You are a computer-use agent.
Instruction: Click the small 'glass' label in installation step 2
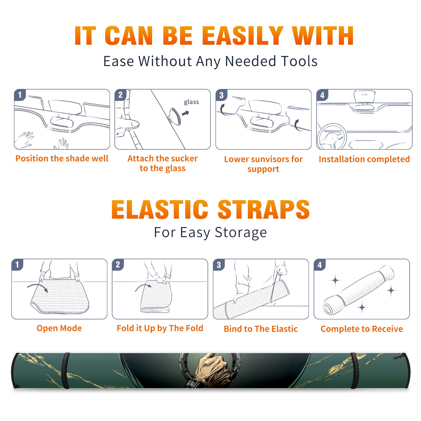pyautogui.click(x=191, y=102)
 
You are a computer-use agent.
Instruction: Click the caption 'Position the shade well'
pyautogui.click(x=62, y=158)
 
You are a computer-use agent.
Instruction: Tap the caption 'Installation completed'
pyautogui.click(x=364, y=159)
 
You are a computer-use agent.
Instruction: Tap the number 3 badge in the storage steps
pyautogui.click(x=219, y=265)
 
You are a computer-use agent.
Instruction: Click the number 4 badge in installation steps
pyautogui.click(x=322, y=95)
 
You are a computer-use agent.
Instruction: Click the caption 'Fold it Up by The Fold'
pyautogui.click(x=160, y=328)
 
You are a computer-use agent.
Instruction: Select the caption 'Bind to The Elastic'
pyautogui.click(x=261, y=329)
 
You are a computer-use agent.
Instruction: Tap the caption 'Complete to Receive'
pyautogui.click(x=362, y=329)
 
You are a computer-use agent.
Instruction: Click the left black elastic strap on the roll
pyautogui.click(x=66, y=370)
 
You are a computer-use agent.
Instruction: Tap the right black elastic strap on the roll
pyautogui.click(x=354, y=370)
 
